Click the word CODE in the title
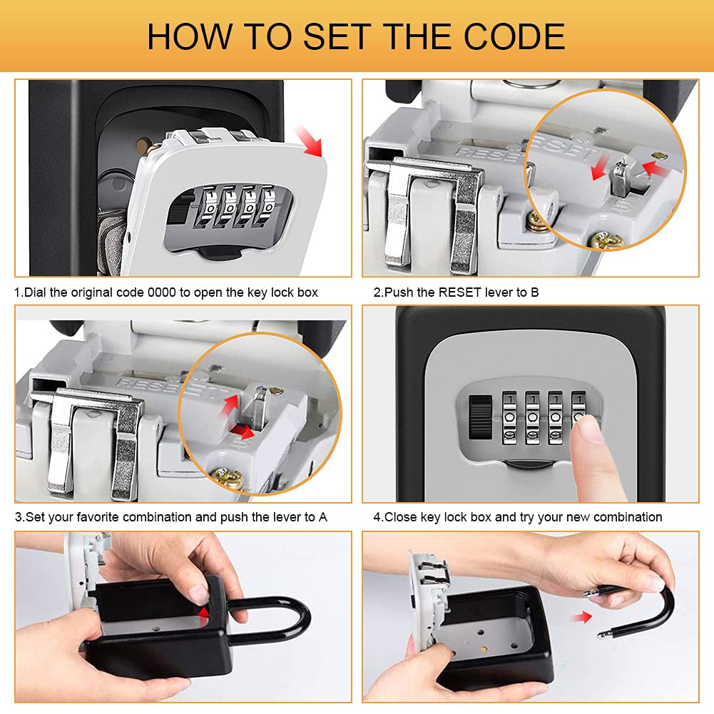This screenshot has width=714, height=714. coord(514,36)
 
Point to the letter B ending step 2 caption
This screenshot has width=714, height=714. coord(534,292)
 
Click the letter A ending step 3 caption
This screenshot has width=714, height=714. coord(323,517)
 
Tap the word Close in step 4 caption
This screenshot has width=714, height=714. coord(401,517)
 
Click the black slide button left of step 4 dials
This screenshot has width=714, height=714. coord(481,417)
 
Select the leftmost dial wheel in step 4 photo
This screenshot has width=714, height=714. coord(509,417)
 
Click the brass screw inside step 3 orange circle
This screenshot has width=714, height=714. coord(228,479)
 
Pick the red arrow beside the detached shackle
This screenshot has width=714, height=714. coord(582,617)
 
